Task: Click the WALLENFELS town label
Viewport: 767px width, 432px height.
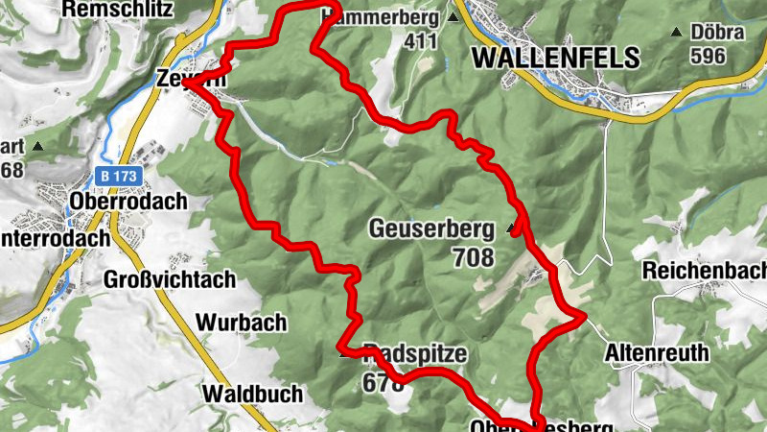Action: tap(555, 58)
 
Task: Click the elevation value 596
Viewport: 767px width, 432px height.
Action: tap(707, 56)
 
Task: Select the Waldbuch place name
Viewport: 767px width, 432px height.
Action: tap(252, 394)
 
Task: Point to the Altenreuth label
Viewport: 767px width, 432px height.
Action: tap(657, 353)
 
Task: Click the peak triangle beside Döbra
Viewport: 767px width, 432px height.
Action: tap(677, 33)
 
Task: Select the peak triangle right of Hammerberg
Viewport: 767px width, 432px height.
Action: tap(453, 17)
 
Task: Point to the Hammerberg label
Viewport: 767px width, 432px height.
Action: tap(383, 16)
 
